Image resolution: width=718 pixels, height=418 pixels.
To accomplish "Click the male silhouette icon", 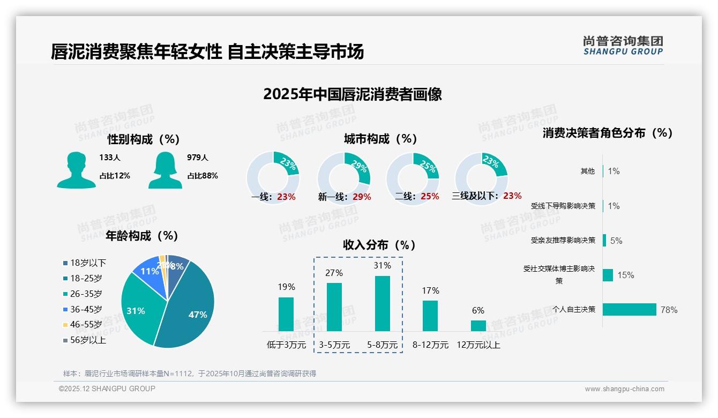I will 76,170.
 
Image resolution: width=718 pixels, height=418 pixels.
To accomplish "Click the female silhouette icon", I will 165,170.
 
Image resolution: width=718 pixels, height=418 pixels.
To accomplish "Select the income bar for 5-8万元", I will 383,303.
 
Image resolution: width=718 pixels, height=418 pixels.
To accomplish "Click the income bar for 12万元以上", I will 478,325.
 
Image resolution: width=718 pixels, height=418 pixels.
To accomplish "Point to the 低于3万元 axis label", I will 286,345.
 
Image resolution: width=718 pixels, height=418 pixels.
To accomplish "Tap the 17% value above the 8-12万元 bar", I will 430,290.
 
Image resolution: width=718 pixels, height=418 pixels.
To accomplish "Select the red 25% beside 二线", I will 430,196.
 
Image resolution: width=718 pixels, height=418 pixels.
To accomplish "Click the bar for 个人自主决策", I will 629,309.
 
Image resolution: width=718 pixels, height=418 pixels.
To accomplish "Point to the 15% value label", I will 625,275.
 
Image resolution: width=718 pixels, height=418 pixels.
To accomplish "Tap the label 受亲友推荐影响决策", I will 563,240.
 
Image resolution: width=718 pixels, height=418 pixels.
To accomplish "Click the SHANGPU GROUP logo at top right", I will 623,46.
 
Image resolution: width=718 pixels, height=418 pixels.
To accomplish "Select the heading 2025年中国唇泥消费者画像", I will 353,94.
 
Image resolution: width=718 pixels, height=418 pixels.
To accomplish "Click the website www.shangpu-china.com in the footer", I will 624,389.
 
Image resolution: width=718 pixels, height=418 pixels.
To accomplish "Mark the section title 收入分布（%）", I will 379,245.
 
